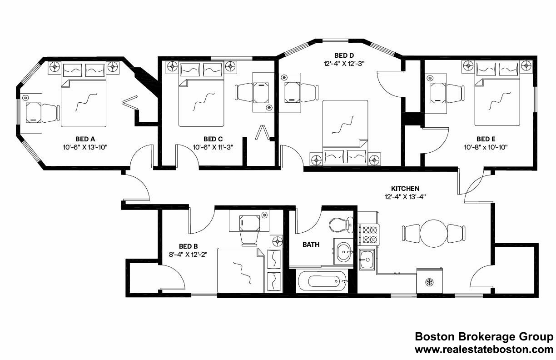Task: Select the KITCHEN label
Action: [405, 188]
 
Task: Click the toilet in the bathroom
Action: [341, 225]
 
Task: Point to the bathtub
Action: [322, 281]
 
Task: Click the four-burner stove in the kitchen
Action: [368, 234]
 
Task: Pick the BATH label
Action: [311, 245]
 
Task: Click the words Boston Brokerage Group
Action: [484, 337]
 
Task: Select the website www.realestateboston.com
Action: [484, 350]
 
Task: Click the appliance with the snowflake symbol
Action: [429, 282]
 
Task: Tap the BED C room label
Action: [213, 139]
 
